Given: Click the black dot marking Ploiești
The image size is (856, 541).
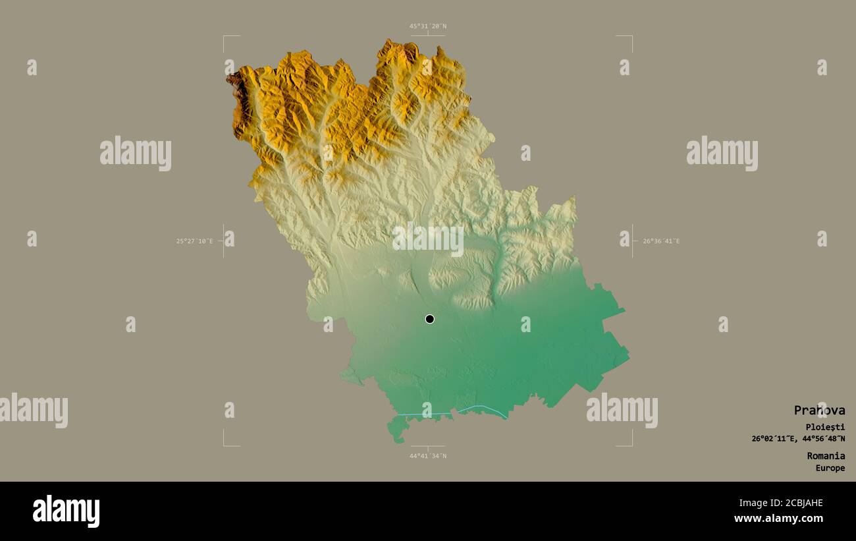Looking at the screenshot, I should point(429,319).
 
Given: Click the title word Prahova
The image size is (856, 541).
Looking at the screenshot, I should point(819,410).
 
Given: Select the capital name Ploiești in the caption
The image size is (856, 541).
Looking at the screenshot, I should point(825,427).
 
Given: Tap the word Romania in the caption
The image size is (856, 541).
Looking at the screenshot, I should point(826,455).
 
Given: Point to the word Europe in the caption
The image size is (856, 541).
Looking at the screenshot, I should point(830,468).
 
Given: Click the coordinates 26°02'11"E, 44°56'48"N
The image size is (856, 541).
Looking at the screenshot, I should point(798,438).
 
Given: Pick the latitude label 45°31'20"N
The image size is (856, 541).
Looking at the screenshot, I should point(427,26).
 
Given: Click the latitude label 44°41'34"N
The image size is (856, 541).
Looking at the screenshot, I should point(427,455).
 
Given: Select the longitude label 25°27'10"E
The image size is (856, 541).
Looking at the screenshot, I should point(194,241).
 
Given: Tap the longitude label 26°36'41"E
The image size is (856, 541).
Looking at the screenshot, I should point(661,241).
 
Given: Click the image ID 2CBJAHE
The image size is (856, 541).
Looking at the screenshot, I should point(797,503).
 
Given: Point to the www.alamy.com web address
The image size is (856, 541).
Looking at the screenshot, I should point(778,519).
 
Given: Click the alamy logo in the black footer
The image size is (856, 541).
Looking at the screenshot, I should point(66,511).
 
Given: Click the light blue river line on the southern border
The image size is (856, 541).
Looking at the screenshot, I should point(484,409).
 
